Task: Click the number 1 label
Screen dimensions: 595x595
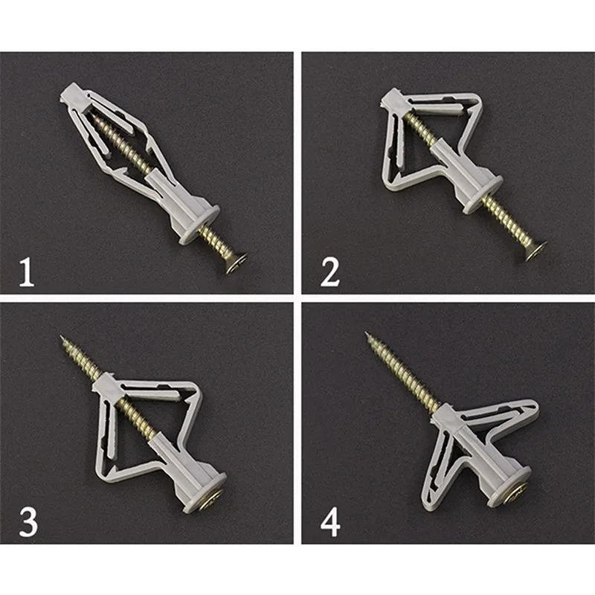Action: click(x=27, y=271)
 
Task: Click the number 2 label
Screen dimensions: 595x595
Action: click(x=329, y=271)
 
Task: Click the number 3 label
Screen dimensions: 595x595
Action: click(x=28, y=521)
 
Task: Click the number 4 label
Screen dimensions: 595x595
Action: click(x=330, y=521)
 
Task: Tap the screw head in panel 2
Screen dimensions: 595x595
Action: click(x=537, y=249)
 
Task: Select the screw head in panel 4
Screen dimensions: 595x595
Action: click(x=515, y=492)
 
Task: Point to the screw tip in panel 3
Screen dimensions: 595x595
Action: click(x=63, y=341)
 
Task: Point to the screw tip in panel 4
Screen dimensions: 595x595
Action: click(x=370, y=337)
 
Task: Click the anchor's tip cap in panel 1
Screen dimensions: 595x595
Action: click(x=68, y=94)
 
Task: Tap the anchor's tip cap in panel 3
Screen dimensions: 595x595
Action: click(x=103, y=387)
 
